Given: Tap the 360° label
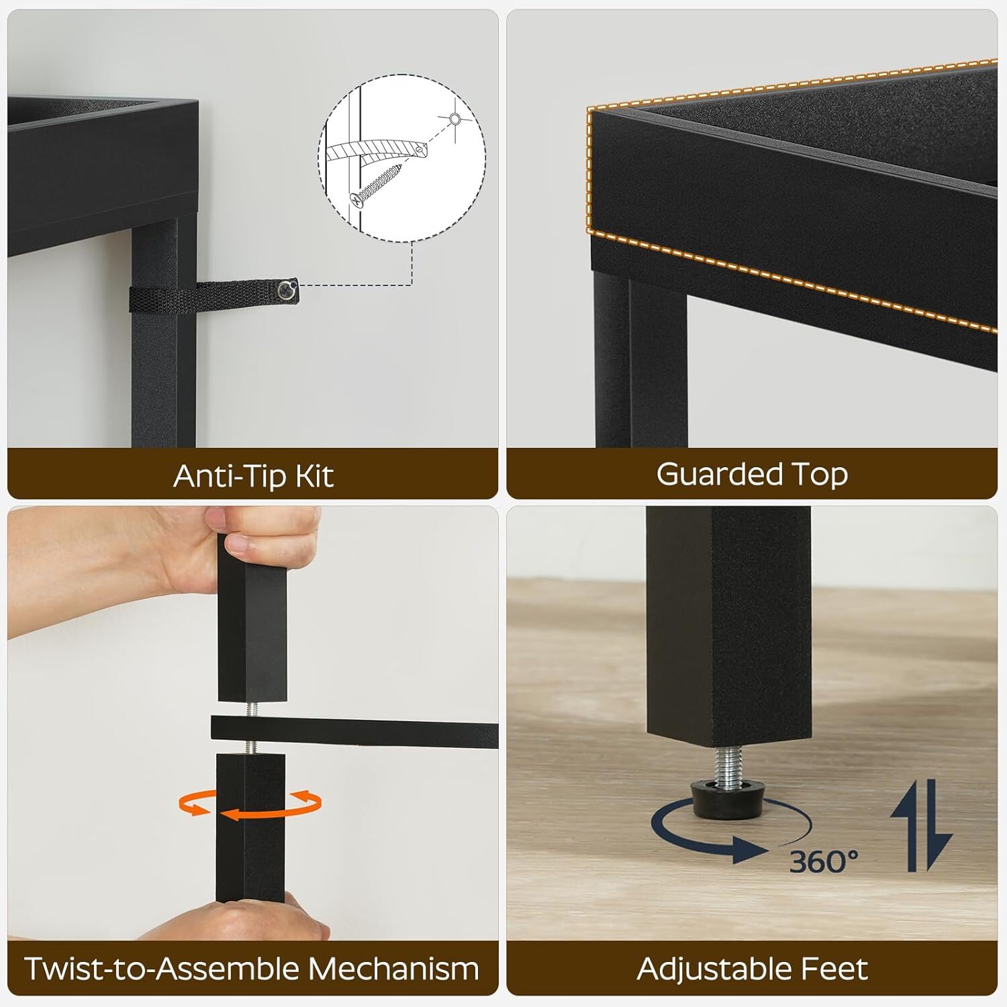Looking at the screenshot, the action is [x=824, y=861].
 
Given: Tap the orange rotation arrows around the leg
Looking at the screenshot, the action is [x=250, y=805].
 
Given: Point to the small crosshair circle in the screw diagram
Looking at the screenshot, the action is [x=455, y=119].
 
